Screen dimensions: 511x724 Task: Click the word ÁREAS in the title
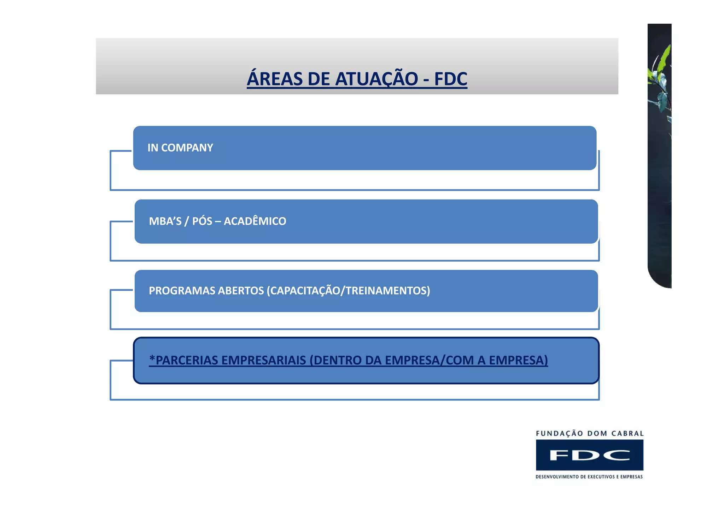pyautogui.click(x=274, y=79)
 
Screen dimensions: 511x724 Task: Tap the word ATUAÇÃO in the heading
pyautogui.click(x=376, y=79)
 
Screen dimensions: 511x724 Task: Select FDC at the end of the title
pyautogui.click(x=451, y=79)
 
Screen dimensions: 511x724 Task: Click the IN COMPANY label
pyautogui.click(x=180, y=148)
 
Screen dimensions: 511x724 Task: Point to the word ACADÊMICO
pyautogui.click(x=255, y=221)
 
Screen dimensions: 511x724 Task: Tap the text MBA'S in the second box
pyautogui.click(x=165, y=221)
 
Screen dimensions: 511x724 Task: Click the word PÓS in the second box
pyautogui.click(x=202, y=221)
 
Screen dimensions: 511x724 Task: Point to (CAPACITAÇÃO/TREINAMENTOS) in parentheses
pyautogui.click(x=348, y=291)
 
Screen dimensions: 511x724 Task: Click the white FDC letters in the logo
pyautogui.click(x=590, y=455)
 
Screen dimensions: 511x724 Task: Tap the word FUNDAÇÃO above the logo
pyautogui.click(x=560, y=434)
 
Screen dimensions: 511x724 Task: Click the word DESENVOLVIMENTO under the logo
pyautogui.click(x=557, y=477)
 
